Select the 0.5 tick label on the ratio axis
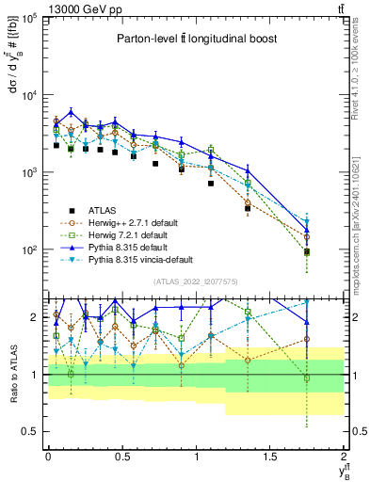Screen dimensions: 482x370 click(30, 431)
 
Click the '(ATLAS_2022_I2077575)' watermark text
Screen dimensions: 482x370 click(195, 281)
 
